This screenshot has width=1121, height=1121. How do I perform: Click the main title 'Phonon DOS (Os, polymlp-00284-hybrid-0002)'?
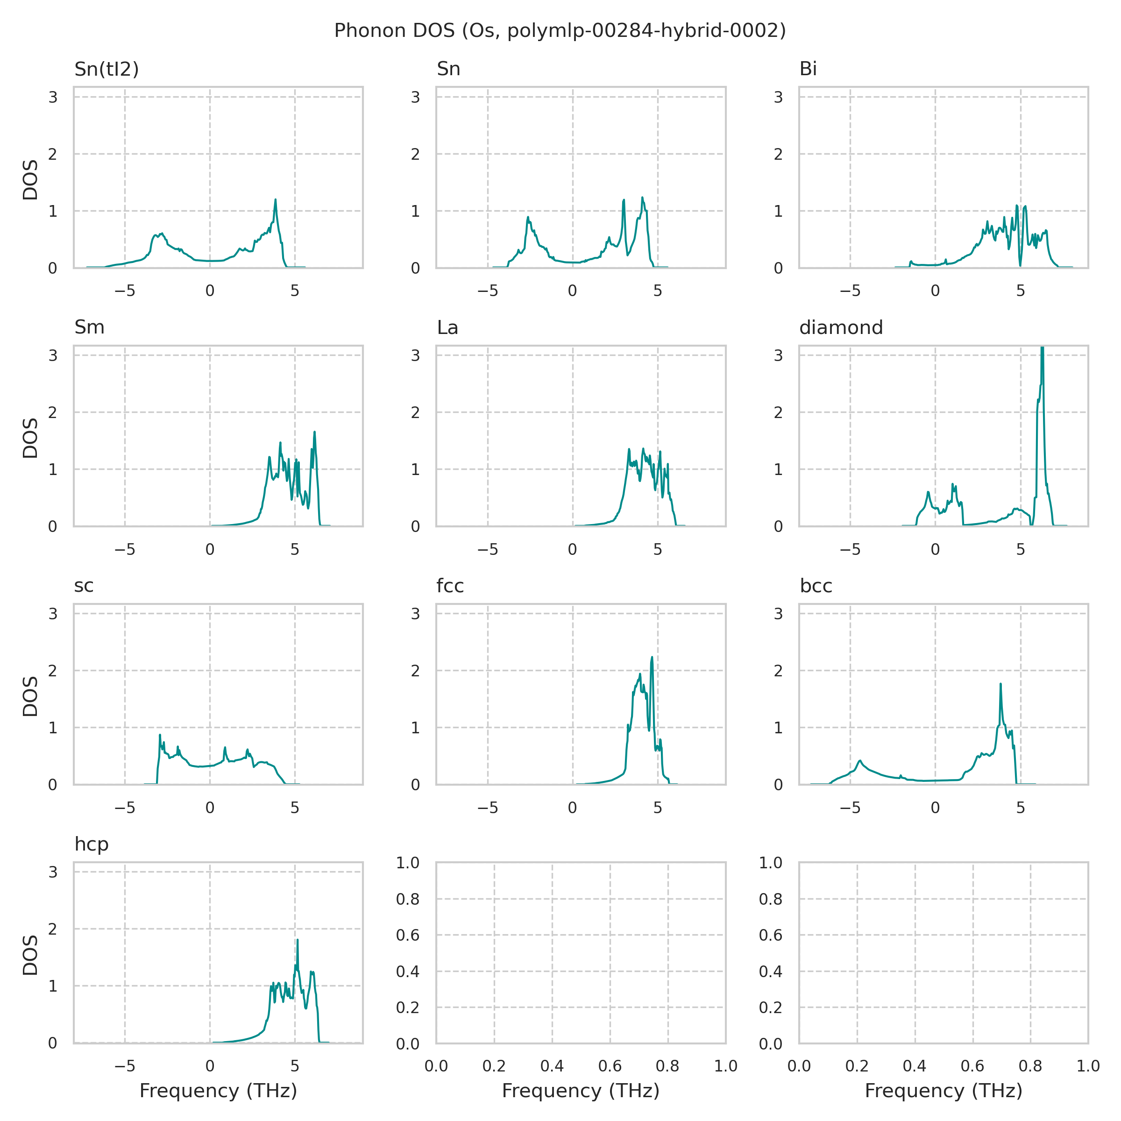tap(560, 30)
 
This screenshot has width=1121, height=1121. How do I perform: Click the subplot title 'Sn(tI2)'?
tap(107, 69)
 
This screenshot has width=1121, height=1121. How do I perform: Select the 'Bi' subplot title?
tap(808, 69)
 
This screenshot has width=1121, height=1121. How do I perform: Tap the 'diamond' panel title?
tap(841, 328)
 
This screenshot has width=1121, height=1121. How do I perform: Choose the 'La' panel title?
tap(447, 328)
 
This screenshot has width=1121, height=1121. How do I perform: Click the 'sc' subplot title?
tap(84, 586)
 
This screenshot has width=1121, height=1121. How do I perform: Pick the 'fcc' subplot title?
tap(450, 586)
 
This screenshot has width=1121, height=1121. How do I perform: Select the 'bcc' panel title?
tap(816, 586)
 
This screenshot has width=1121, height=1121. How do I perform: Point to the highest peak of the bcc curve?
tap(1000, 685)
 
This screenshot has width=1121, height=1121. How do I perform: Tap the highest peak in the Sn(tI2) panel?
tap(276, 200)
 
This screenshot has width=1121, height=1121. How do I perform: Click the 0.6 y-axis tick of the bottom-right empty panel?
tap(771, 935)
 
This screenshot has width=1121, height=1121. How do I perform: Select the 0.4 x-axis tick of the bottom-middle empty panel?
tap(552, 1066)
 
